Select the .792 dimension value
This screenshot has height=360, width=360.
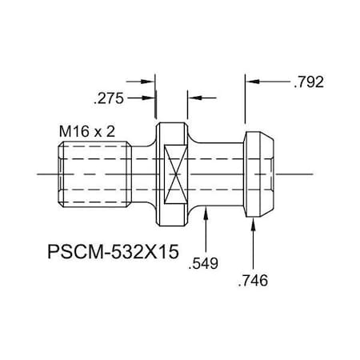311,82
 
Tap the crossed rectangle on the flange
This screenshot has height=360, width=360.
174,174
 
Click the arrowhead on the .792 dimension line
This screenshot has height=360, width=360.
250,82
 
